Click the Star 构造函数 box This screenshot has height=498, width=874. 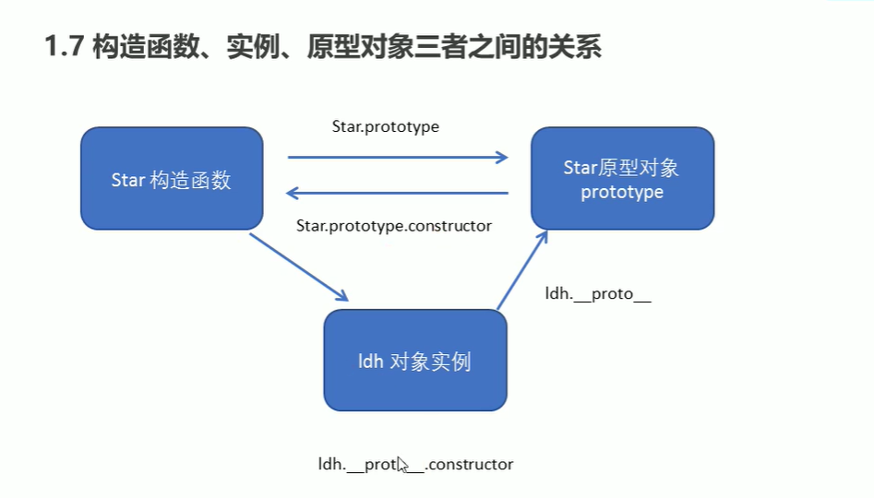[x=172, y=179]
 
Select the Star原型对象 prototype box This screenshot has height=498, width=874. [x=622, y=179]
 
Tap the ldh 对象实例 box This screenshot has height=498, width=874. [x=414, y=361]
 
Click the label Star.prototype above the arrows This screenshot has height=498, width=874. [x=385, y=126]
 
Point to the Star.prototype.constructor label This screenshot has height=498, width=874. [x=394, y=225]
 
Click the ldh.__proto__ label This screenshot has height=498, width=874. [x=598, y=295]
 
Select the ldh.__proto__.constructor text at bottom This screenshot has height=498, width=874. [x=415, y=464]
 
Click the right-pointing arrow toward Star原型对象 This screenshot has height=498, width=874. [x=398, y=158]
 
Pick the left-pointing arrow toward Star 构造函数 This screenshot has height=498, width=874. [x=398, y=193]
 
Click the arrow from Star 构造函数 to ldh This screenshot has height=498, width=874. [x=299, y=267]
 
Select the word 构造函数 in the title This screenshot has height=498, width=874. [x=147, y=47]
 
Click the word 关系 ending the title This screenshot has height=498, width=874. [x=575, y=47]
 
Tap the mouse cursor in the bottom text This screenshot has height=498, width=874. [x=402, y=464]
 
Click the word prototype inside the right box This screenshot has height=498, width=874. [x=622, y=192]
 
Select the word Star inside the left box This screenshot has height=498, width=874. [x=127, y=180]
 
